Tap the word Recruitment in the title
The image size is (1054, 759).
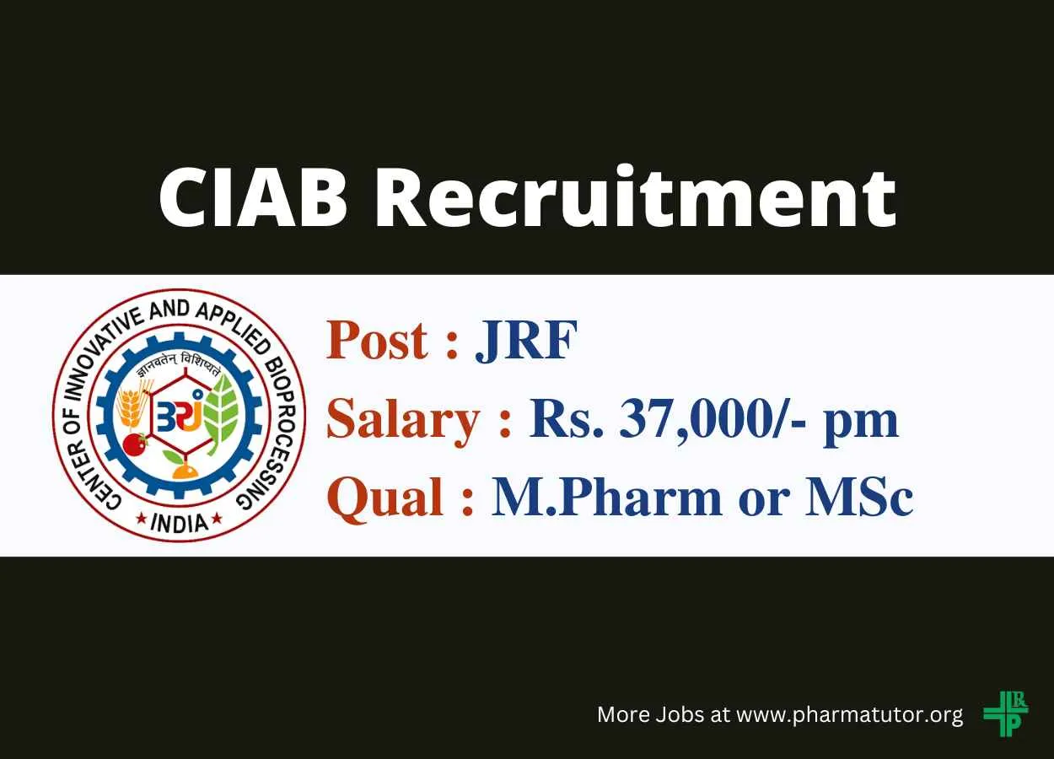[635, 196]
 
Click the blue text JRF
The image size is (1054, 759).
[526, 340]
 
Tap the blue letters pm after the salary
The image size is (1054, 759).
[861, 423]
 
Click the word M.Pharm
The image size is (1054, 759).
[607, 497]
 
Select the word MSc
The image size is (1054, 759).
[859, 497]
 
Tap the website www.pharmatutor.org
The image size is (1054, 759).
[850, 714]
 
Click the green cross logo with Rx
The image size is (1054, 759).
[1006, 713]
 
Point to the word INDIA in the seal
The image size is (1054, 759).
[180, 523]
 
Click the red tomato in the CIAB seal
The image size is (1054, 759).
[135, 444]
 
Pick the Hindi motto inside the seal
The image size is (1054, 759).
[178, 368]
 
